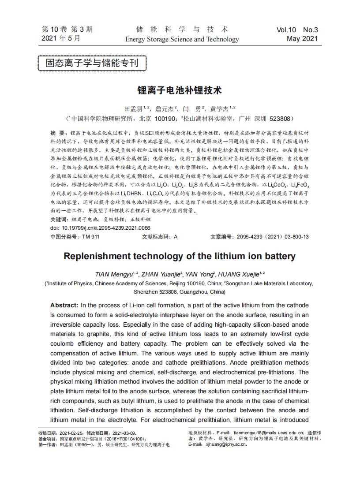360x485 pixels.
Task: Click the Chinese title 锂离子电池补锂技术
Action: click(180, 90)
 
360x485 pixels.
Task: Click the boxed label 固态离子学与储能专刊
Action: click(92, 63)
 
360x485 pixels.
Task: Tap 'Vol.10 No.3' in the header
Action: click(297, 30)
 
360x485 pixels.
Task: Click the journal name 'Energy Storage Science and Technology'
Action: click(182, 39)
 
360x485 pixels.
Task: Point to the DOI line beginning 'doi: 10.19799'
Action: click(100, 228)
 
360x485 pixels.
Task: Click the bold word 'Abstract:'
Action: click(64, 305)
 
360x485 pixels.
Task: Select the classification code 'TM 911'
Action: click(91, 237)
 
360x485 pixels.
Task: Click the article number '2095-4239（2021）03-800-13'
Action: click(273, 237)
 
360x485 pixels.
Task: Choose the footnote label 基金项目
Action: click(48, 439)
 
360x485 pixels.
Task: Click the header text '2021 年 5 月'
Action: click(61, 39)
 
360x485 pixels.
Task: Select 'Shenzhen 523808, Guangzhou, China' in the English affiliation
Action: click(180, 291)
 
